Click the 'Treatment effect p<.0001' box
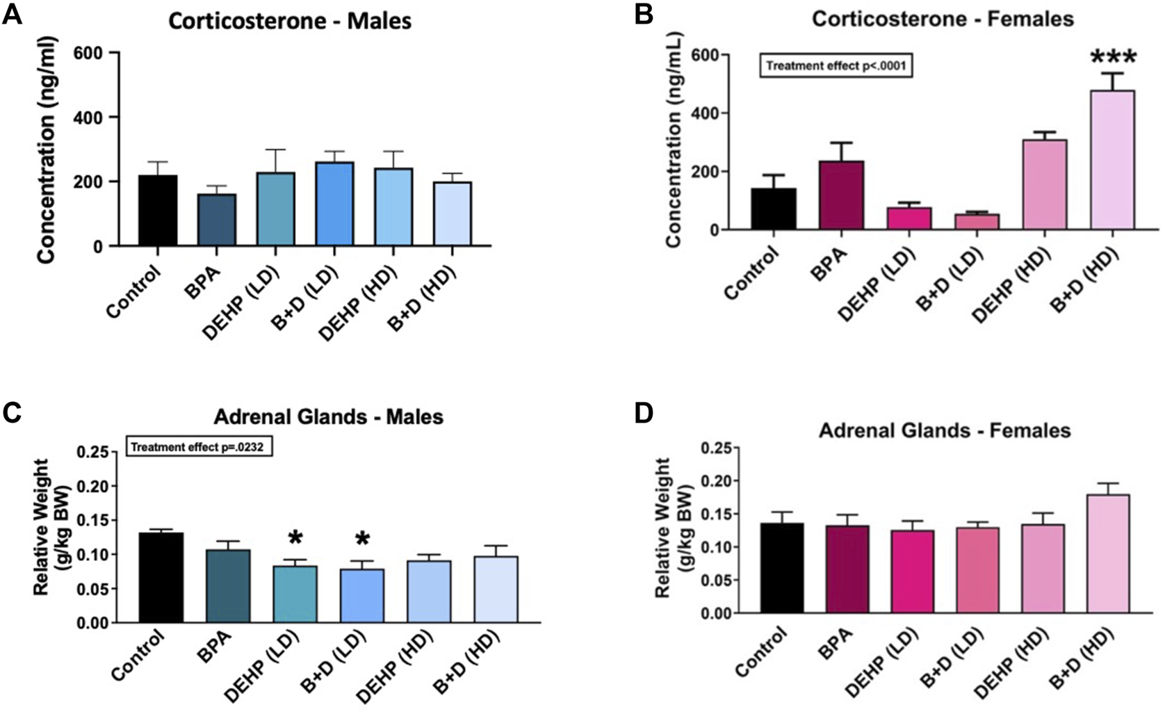[x=835, y=66]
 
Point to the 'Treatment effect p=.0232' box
[x=199, y=447]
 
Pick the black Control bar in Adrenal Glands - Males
[x=161, y=578]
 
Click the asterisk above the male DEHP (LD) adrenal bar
[x=295, y=537]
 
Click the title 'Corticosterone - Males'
[x=290, y=21]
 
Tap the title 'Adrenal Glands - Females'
[x=944, y=431]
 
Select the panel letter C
[x=12, y=412]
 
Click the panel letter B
[x=643, y=14]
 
